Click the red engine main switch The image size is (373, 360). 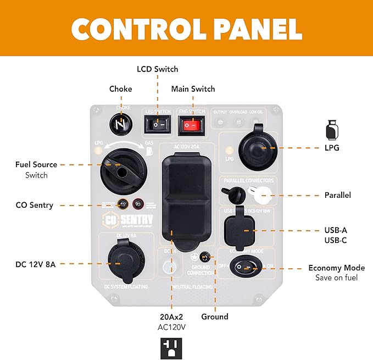[190, 126]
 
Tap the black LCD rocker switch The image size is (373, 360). [157, 126]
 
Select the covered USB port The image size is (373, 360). [240, 229]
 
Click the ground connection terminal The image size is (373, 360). [205, 257]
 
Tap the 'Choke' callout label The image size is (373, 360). [120, 88]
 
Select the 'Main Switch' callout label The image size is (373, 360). [193, 88]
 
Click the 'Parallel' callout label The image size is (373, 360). [338, 195]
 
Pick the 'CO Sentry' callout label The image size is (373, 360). [35, 205]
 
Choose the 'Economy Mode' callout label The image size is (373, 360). [336, 268]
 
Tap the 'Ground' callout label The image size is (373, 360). [214, 317]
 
